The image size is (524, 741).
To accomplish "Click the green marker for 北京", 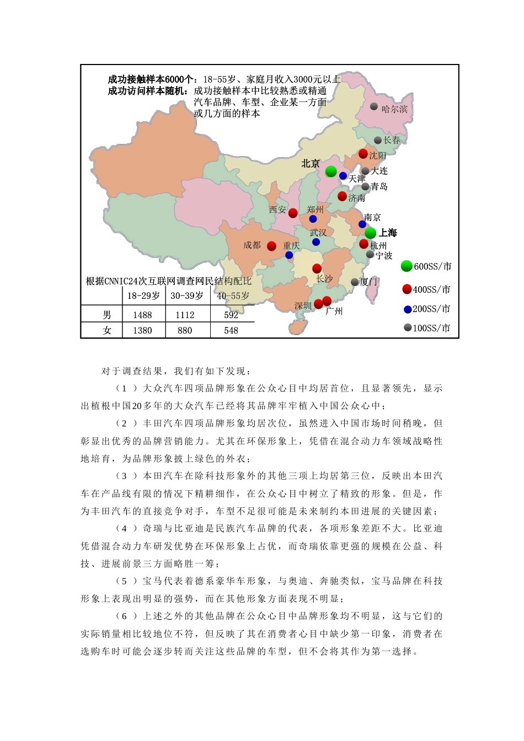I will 331,171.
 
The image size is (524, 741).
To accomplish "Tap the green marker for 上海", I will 371,233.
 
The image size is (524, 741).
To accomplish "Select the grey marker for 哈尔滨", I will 374,106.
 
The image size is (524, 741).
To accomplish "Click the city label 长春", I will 392,140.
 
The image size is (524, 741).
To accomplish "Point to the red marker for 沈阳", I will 363,154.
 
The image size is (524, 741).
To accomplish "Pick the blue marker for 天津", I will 343,176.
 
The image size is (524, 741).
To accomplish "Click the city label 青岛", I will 379,186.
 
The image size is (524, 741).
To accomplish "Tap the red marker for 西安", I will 293,213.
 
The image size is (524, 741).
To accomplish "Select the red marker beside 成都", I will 272,246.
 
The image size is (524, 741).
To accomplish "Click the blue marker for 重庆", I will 289,255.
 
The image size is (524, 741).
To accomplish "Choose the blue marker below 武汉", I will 316,242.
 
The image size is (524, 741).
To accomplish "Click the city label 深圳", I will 303,305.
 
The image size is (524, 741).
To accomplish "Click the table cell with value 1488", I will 142,315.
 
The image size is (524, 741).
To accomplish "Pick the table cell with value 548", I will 231,330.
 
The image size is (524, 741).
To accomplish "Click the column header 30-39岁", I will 186,296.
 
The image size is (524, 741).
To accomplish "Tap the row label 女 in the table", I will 107,330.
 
